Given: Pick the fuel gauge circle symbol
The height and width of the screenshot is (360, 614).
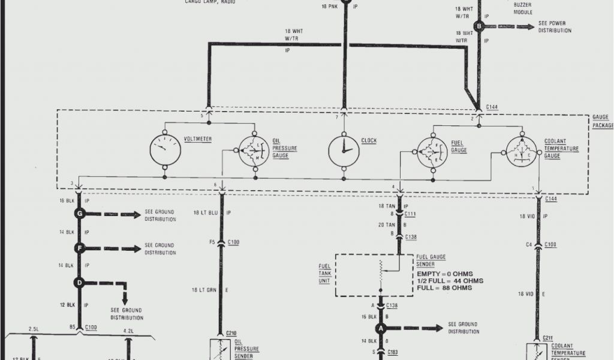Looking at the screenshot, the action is [434, 150].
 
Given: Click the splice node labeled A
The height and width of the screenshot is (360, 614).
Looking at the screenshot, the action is [380, 328].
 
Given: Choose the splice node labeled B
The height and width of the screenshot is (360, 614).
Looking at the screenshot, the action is [478, 26].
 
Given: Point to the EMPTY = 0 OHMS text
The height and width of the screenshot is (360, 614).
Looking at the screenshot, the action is [444, 274].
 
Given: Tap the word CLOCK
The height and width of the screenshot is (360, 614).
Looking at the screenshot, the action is [369, 141].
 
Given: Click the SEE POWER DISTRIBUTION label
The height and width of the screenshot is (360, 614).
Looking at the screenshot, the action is [552, 27].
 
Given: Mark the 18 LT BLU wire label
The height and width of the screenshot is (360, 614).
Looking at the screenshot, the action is [204, 213].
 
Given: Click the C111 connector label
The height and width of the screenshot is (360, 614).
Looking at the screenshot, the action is [411, 213].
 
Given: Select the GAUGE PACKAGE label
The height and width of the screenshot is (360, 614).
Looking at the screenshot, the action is [602, 122].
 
